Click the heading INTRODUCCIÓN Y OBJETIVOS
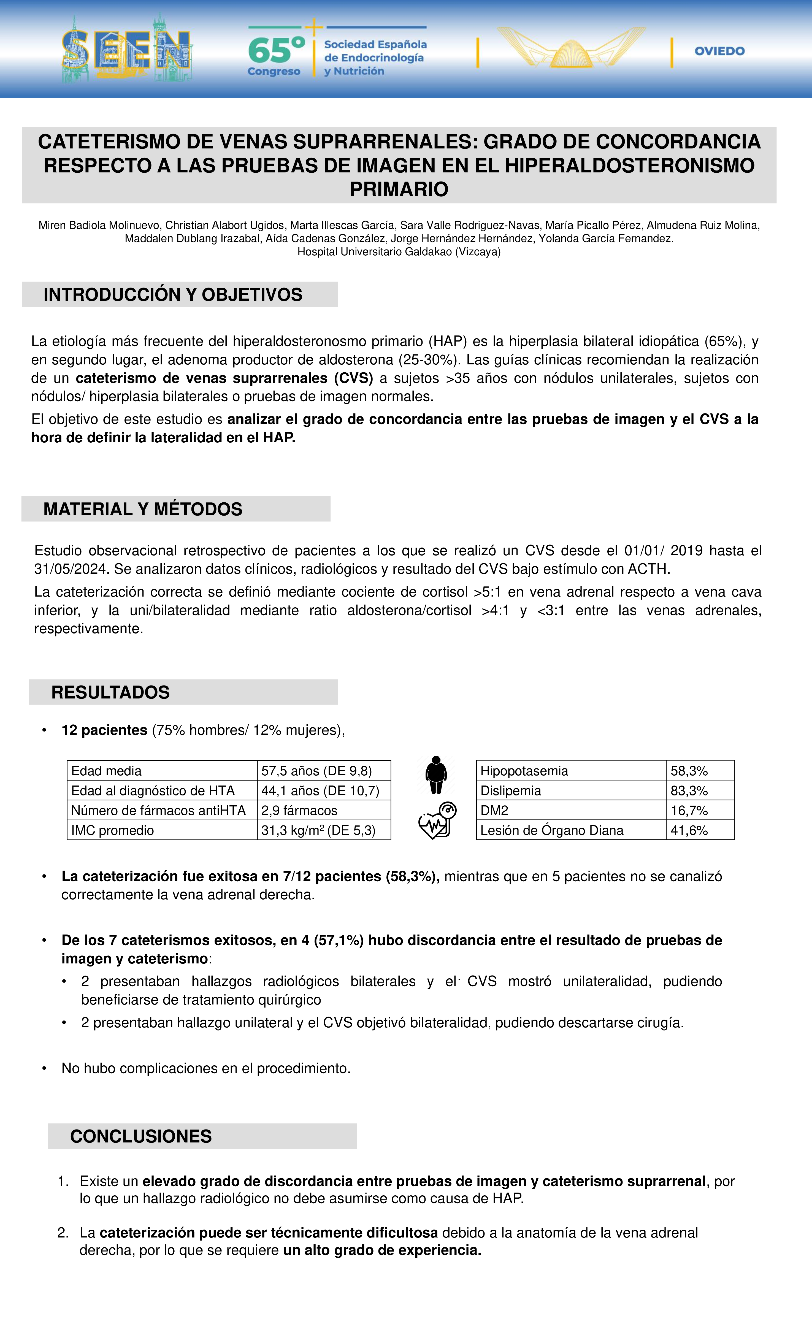[173, 295]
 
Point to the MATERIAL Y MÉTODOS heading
[143, 509]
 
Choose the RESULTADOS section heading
[110, 692]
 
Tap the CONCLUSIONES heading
[141, 1136]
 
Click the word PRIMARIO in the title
[399, 189]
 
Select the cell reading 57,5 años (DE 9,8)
[316, 771]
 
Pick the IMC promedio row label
[113, 830]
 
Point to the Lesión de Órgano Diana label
[551, 830]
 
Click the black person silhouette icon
[436, 774]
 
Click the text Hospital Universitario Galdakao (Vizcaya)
[399, 251]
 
